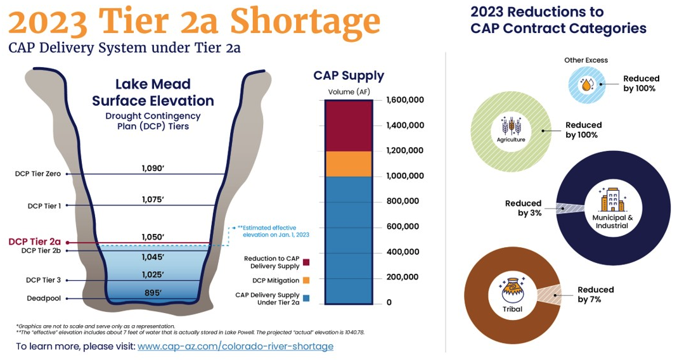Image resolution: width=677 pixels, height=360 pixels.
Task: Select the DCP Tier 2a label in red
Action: point(34,241)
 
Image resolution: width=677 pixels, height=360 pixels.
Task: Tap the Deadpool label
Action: point(44,298)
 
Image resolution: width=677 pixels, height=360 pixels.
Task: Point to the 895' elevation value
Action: point(153,292)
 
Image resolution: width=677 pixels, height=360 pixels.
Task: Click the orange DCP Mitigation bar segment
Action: point(348,164)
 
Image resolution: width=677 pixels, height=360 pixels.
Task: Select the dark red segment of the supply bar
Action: point(348,125)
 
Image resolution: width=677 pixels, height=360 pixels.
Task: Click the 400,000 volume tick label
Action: point(402,252)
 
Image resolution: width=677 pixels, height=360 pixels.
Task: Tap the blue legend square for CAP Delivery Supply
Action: point(306,298)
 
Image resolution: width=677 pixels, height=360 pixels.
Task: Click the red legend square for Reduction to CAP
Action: point(306,262)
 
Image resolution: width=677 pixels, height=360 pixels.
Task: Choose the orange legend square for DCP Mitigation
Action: point(306,280)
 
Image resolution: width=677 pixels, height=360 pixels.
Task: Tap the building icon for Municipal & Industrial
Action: point(612,200)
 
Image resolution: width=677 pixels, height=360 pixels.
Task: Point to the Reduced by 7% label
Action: point(595,294)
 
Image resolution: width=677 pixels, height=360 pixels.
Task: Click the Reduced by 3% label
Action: point(523,208)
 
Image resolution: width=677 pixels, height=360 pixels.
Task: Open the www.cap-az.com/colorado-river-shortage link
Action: point(235,346)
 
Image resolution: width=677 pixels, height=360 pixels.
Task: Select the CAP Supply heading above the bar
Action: point(349,75)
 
